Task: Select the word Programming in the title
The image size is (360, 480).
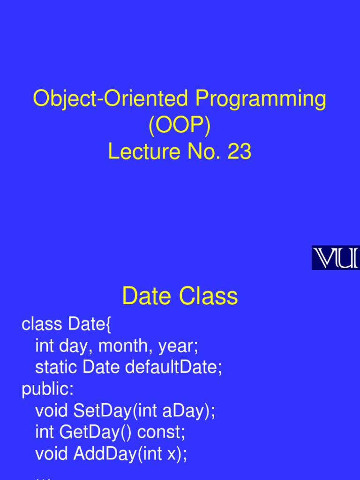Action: pos(261,99)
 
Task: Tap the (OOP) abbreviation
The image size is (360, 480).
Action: pos(180,126)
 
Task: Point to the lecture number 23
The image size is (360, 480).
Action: pos(239,152)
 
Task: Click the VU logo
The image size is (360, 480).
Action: pos(335,258)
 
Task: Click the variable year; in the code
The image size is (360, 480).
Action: pos(179,346)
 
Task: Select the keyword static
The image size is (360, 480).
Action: pos(56,368)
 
